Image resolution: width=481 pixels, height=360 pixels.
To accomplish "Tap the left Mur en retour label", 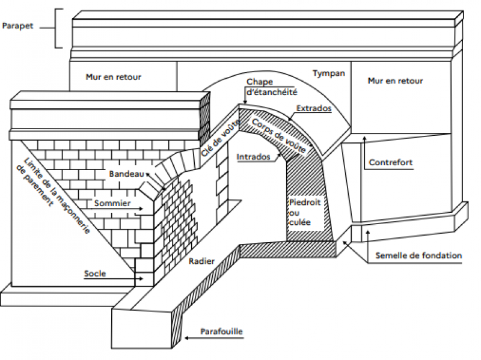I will click(x=113, y=77).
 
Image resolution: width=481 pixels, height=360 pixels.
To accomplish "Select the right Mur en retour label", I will click(x=395, y=81).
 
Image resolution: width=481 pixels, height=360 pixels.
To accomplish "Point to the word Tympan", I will click(x=329, y=73).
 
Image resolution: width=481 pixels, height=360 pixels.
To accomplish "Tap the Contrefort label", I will click(x=391, y=162).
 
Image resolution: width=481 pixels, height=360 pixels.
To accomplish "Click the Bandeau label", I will click(x=125, y=174).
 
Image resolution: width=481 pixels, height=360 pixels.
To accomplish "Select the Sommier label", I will click(x=112, y=204).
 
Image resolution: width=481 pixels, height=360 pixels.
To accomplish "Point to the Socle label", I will click(x=95, y=274).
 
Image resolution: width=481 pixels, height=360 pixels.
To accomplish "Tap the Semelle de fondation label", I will click(x=418, y=255).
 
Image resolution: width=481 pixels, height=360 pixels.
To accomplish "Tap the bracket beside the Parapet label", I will click(x=58, y=28).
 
